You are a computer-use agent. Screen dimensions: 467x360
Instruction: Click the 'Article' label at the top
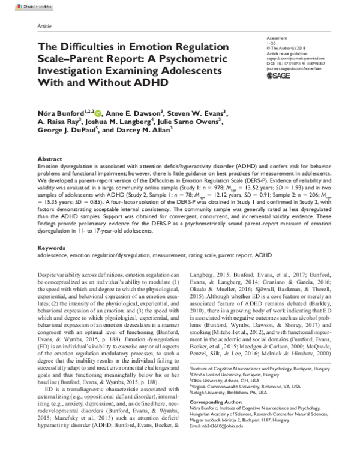[x=44, y=28]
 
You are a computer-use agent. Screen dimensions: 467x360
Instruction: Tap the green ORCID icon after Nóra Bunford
[x=98, y=113]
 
